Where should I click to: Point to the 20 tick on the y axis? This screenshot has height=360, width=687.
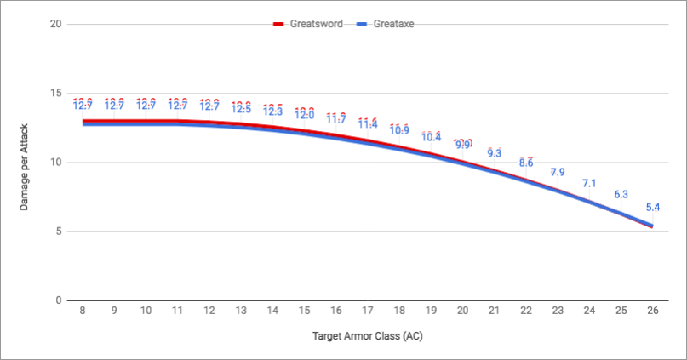55,24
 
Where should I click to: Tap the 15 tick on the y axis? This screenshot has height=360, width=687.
55,93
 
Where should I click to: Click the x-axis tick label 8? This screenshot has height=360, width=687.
83,312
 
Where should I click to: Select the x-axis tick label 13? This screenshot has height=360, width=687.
241,312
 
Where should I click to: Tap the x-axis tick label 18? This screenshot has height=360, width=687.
399,312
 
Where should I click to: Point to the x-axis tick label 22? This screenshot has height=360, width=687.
526,312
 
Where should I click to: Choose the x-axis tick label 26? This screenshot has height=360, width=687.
652,312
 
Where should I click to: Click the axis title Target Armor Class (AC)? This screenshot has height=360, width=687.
367,335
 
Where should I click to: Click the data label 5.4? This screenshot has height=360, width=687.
652,207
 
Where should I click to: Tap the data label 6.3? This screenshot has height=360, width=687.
621,195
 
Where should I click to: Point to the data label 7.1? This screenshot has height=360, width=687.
589,184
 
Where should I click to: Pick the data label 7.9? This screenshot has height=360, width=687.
558,173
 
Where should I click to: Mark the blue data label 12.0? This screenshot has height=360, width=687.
304,116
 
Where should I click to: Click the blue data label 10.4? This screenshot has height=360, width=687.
431,137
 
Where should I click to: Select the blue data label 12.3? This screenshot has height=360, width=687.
272,111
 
